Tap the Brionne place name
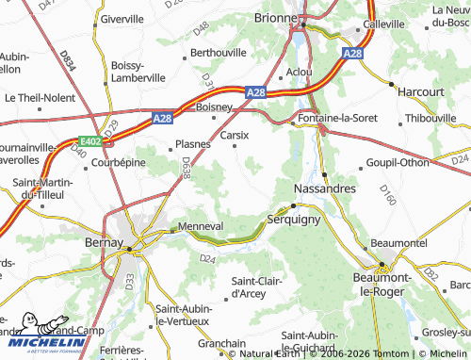[277, 17]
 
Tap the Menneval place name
[200, 226]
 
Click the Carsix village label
[234, 135]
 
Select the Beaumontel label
[400, 243]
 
